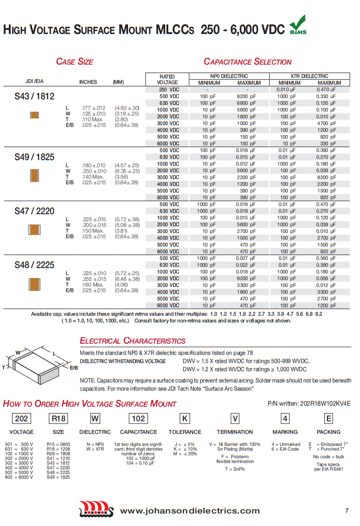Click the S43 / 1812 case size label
pos(34,96)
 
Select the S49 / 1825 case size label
pos(34,157)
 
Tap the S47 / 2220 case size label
pos(34,211)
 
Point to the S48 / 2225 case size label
pos(34,265)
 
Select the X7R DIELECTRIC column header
pos(309,76)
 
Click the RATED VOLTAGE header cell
pos(167,79)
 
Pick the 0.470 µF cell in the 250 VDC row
pos(326,89)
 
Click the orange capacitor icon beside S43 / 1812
pos(34,115)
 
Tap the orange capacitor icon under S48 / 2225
pos(34,285)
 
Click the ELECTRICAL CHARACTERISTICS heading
pos(133,341)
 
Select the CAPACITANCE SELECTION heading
pos(247,62)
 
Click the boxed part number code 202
pos(22,419)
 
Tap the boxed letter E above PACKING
pos(328,419)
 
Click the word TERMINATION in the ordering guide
pos(234,432)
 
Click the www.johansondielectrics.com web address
pos(190,511)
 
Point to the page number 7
pos(346,511)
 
